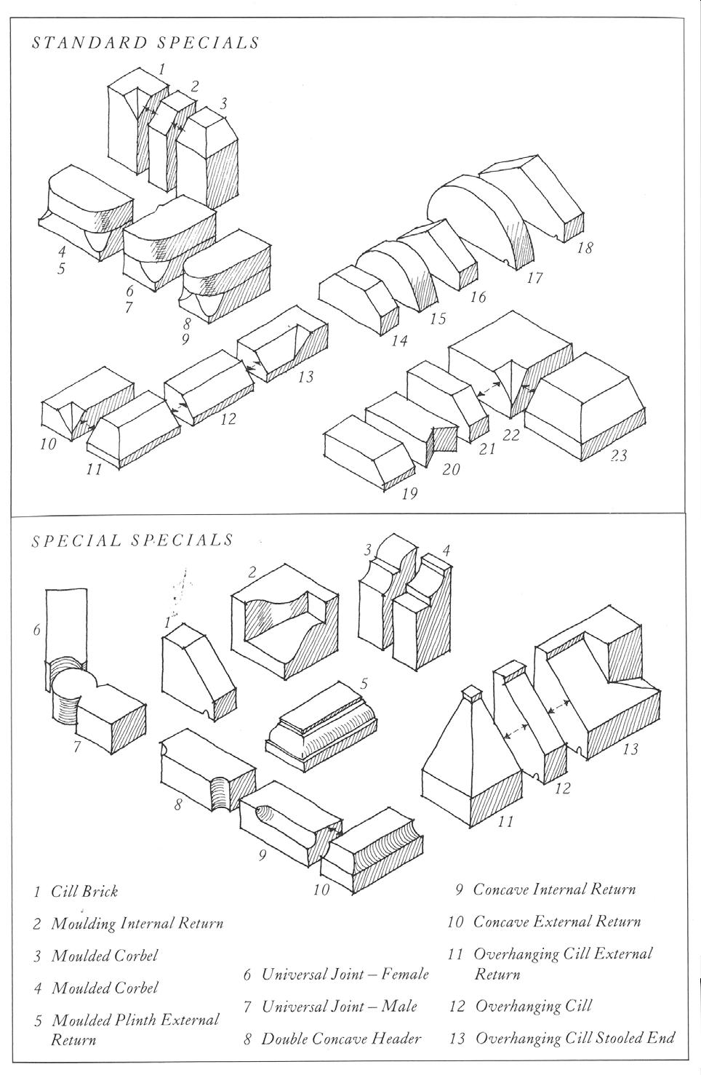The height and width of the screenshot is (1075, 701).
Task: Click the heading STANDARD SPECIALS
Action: pyautogui.click(x=145, y=42)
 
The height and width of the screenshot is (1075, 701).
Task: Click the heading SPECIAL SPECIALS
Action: pyautogui.click(x=132, y=540)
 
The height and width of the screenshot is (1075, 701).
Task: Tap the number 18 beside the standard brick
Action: pyautogui.click(x=584, y=248)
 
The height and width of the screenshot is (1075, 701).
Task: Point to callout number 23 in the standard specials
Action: pyautogui.click(x=619, y=456)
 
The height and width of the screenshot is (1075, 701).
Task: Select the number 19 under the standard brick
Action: pyautogui.click(x=409, y=494)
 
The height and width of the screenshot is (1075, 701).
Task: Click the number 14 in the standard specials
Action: pyautogui.click(x=398, y=340)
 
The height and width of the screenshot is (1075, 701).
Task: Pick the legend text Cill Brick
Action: pyautogui.click(x=84, y=891)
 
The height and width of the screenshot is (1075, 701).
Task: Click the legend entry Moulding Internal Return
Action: pyautogui.click(x=137, y=924)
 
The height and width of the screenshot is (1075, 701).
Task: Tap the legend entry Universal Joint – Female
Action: pyautogui.click(x=345, y=974)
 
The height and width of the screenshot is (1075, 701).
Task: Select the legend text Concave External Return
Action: pyautogui.click(x=556, y=922)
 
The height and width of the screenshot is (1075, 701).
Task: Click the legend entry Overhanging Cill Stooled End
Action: pyautogui.click(x=574, y=1038)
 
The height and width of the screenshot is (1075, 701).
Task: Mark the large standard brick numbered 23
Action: pyautogui.click(x=585, y=404)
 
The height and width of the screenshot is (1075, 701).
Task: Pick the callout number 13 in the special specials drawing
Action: pyautogui.click(x=630, y=748)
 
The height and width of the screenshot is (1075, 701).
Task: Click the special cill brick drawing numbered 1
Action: pyautogui.click(x=196, y=673)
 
